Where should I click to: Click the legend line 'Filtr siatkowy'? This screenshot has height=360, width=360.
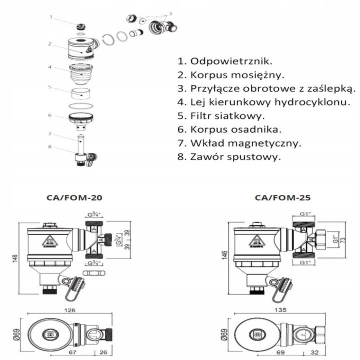click(221, 116)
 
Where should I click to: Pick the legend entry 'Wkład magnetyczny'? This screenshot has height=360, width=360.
click(239, 143)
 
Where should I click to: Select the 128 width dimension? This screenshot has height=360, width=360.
click(70, 311)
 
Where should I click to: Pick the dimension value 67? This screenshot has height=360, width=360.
click(73, 352)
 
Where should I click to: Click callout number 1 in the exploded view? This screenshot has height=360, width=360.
click(51, 16)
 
